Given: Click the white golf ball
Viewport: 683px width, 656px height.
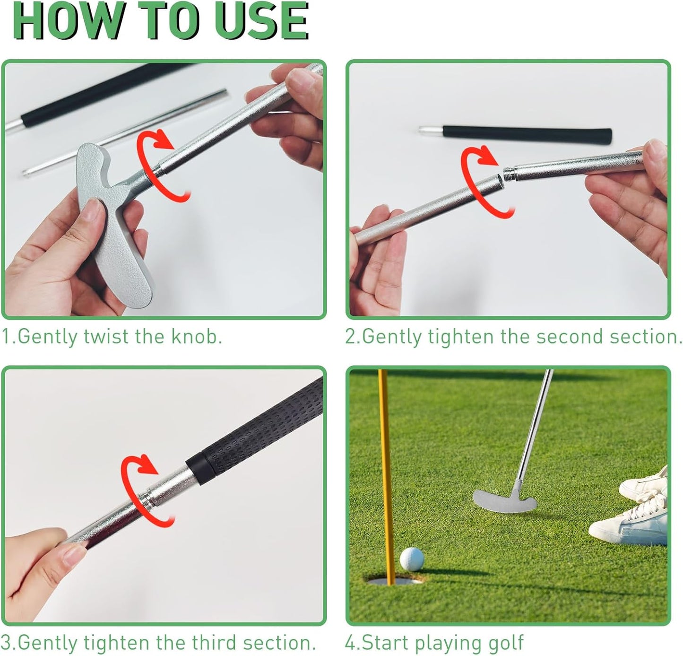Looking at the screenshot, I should point(412,560).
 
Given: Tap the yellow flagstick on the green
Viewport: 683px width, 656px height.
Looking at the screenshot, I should point(386,473).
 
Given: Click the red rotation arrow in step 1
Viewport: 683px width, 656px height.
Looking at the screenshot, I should point(163,163).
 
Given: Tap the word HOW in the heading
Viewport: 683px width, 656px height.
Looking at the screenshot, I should point(69,21).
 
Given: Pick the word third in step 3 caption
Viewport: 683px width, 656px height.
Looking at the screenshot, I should point(215,643).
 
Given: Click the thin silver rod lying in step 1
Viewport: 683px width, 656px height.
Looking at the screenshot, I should point(128,132).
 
